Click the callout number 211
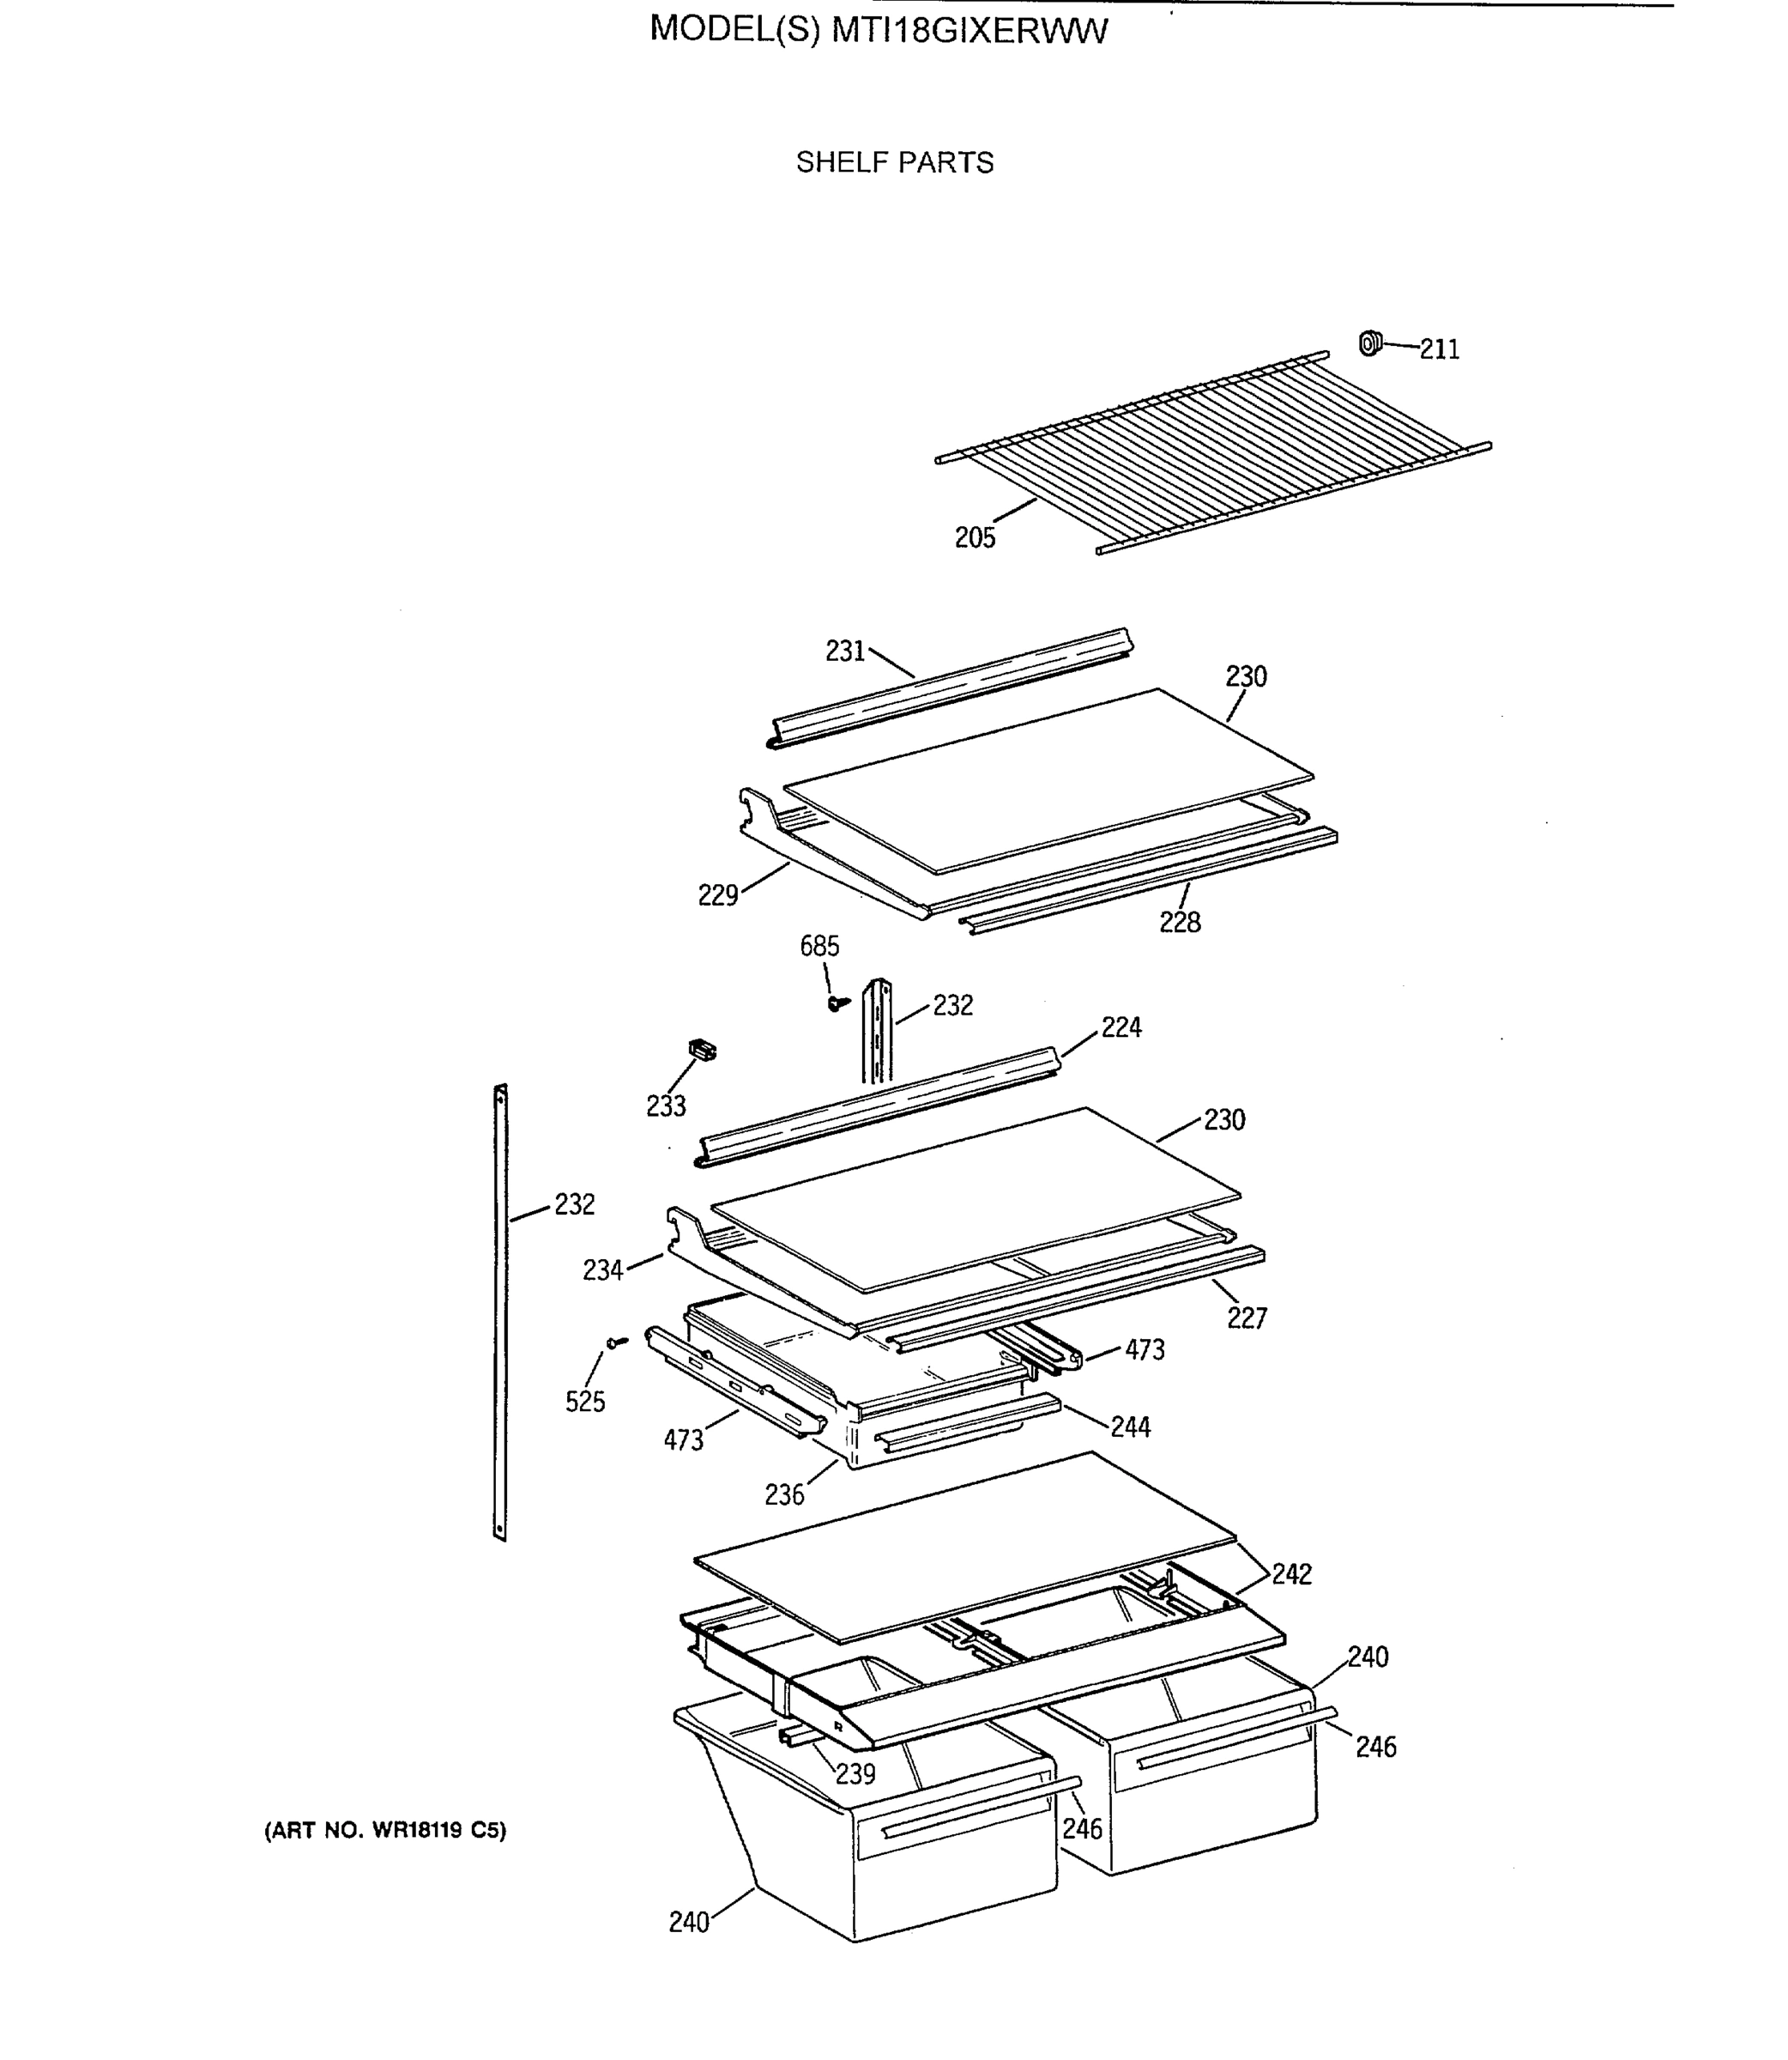click(1439, 349)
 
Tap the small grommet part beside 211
click(1370, 343)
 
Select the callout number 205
click(975, 538)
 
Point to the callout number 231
click(845, 651)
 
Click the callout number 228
click(1180, 922)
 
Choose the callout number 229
click(717, 895)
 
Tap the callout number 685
click(819, 946)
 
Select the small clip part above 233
click(703, 1049)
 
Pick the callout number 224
click(1121, 1027)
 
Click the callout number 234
click(602, 1270)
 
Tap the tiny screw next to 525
click(617, 1342)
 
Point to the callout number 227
click(1247, 1318)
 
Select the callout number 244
click(1131, 1427)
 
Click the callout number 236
click(784, 1495)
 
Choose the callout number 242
click(1291, 1574)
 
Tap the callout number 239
click(855, 1773)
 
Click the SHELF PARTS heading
click(894, 163)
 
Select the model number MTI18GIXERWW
click(969, 32)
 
